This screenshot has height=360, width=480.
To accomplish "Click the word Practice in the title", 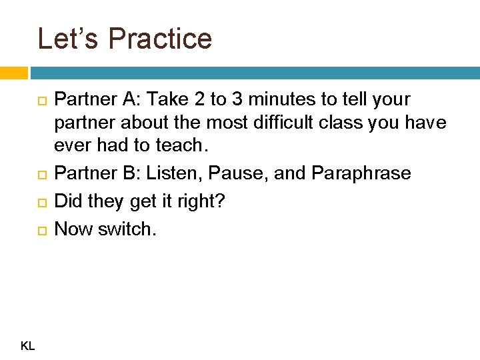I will (x=160, y=39).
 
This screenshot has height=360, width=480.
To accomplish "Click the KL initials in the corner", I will (x=28, y=345).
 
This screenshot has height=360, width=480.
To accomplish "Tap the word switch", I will (x=129, y=229).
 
